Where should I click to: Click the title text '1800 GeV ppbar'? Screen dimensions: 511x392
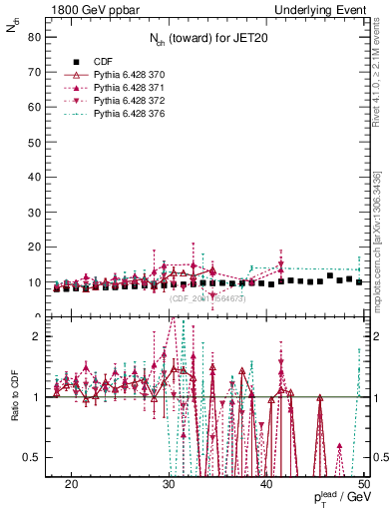tap(87, 9)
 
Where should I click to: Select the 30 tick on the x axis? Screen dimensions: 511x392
tap(169, 484)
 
